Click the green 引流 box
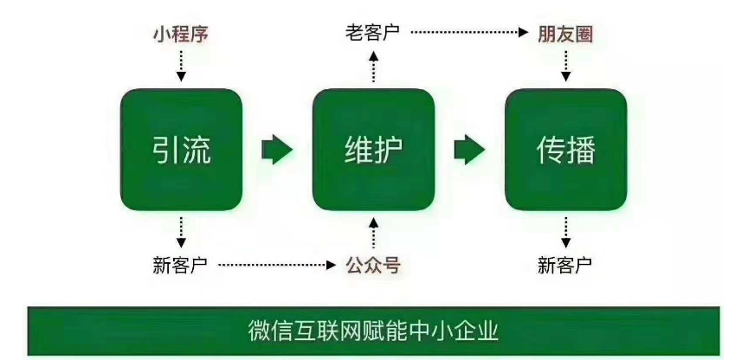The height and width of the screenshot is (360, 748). click(x=180, y=149)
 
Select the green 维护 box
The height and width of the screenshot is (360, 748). click(x=372, y=149)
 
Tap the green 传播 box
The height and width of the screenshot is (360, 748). click(x=565, y=149)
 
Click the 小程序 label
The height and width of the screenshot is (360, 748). click(x=180, y=35)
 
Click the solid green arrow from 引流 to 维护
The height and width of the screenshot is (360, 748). click(x=277, y=150)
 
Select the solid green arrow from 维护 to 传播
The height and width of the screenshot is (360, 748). click(x=469, y=150)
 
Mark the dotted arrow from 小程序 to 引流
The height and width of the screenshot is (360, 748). click(x=180, y=66)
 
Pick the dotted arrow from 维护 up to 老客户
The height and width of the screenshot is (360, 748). click(x=373, y=66)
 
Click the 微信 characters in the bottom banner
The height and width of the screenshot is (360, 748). click(x=265, y=331)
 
